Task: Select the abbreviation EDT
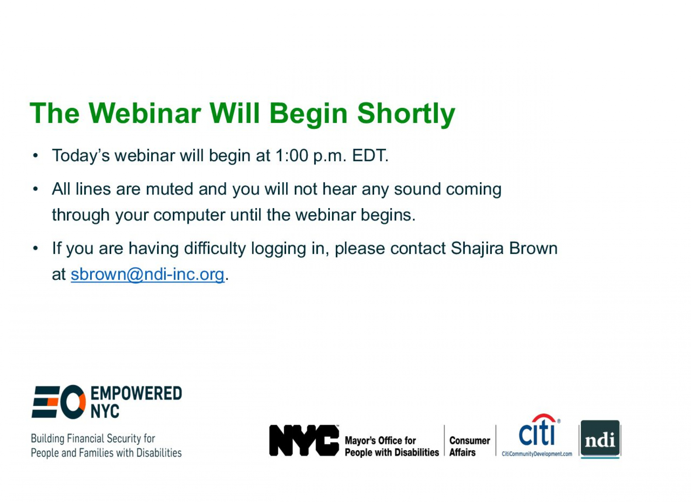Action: (370, 155)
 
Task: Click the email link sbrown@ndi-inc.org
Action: (147, 274)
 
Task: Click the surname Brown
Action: (533, 248)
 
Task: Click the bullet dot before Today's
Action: (35, 156)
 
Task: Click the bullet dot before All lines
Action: (35, 189)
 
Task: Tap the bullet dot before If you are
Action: (35, 248)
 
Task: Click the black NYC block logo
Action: (304, 440)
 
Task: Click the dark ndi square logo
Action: (600, 439)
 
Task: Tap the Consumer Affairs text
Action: (469, 446)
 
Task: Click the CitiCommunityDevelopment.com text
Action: (537, 454)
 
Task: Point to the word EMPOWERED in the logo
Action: (136, 394)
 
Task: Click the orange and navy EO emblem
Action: (59, 402)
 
